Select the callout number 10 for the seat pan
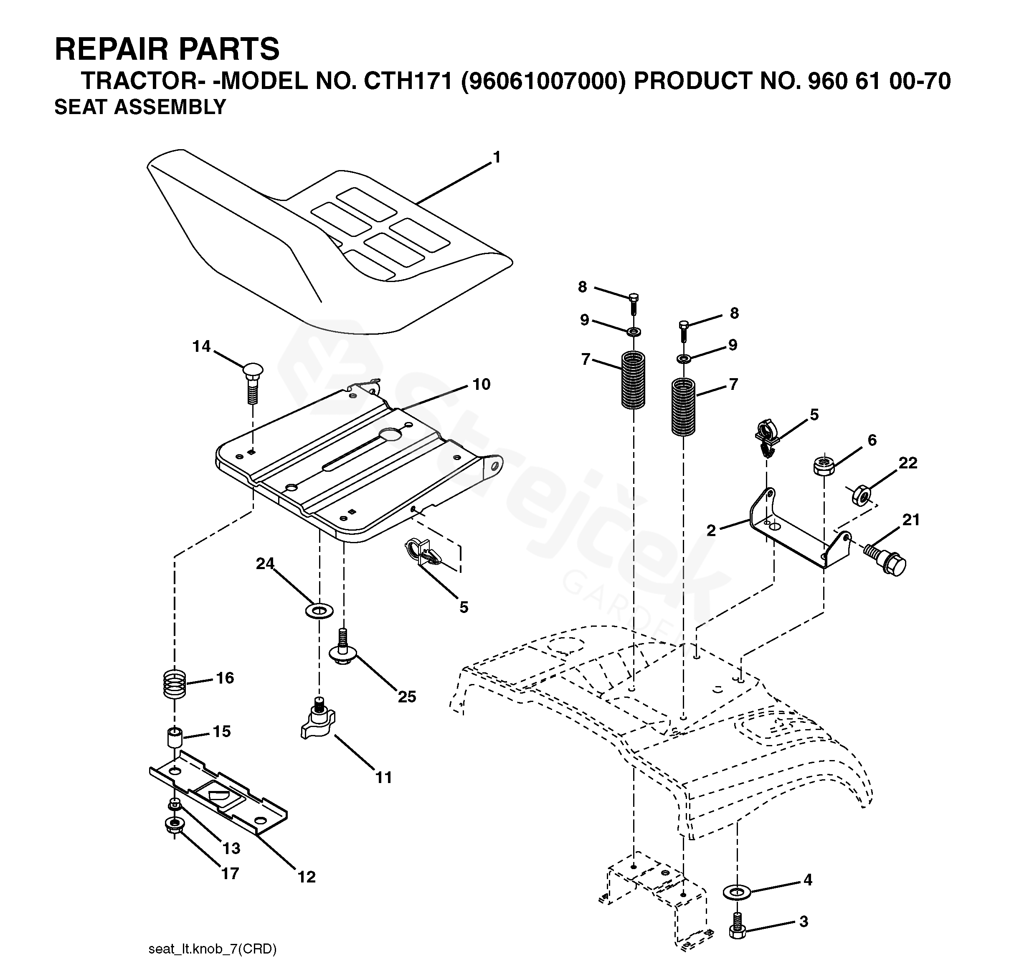point(482,384)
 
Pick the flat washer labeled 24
point(319,611)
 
